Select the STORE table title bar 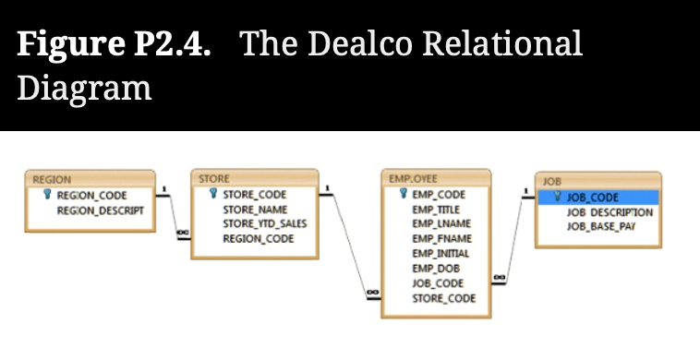point(254,178)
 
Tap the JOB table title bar point(598,182)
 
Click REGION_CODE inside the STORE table point(259,238)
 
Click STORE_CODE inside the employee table point(444,298)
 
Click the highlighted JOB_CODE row point(598,198)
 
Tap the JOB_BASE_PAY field point(601,226)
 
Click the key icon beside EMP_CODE point(404,195)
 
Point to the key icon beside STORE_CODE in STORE point(212,195)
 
